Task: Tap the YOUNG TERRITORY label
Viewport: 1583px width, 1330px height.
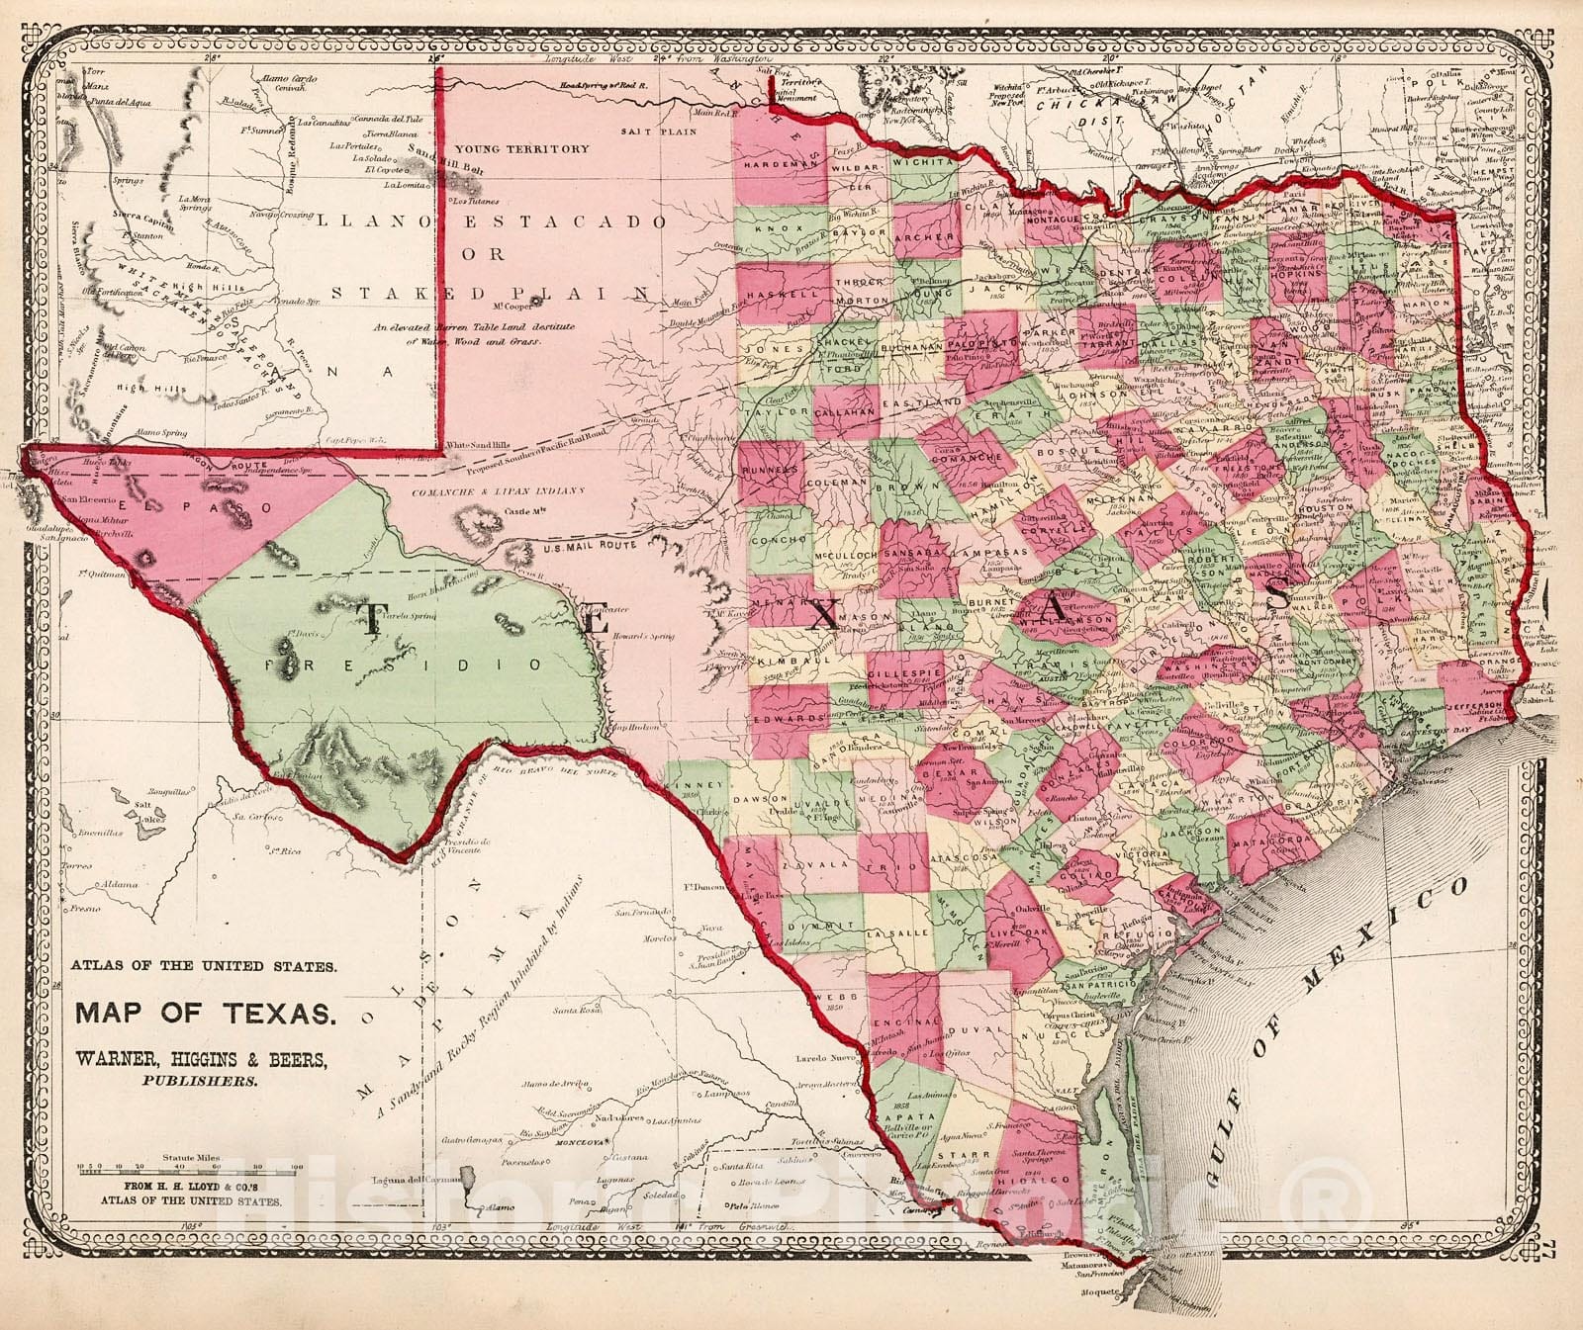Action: click(536, 149)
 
